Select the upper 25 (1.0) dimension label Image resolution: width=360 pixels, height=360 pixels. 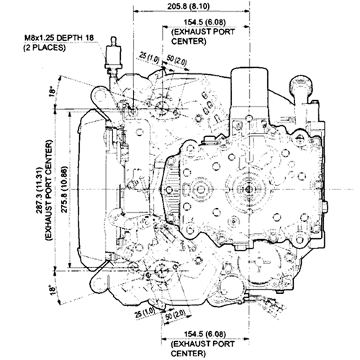(150, 56)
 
